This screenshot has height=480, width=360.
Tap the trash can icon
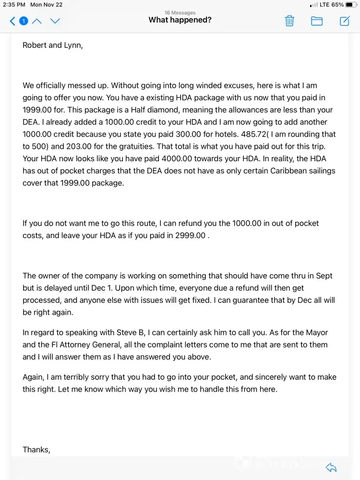point(289,21)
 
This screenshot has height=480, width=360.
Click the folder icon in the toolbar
point(317,21)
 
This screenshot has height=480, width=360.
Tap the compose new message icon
point(345,21)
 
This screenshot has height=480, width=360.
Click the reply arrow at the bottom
point(331,468)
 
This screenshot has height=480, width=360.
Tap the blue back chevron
point(13,21)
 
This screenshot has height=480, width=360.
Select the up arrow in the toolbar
point(37,21)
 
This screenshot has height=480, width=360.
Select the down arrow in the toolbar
point(55,21)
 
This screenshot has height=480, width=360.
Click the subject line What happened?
point(180,20)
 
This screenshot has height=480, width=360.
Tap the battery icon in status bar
point(351,5)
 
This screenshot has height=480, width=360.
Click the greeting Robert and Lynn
point(53,46)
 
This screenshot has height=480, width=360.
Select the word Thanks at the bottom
point(36,450)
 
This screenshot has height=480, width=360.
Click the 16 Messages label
point(180,12)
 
